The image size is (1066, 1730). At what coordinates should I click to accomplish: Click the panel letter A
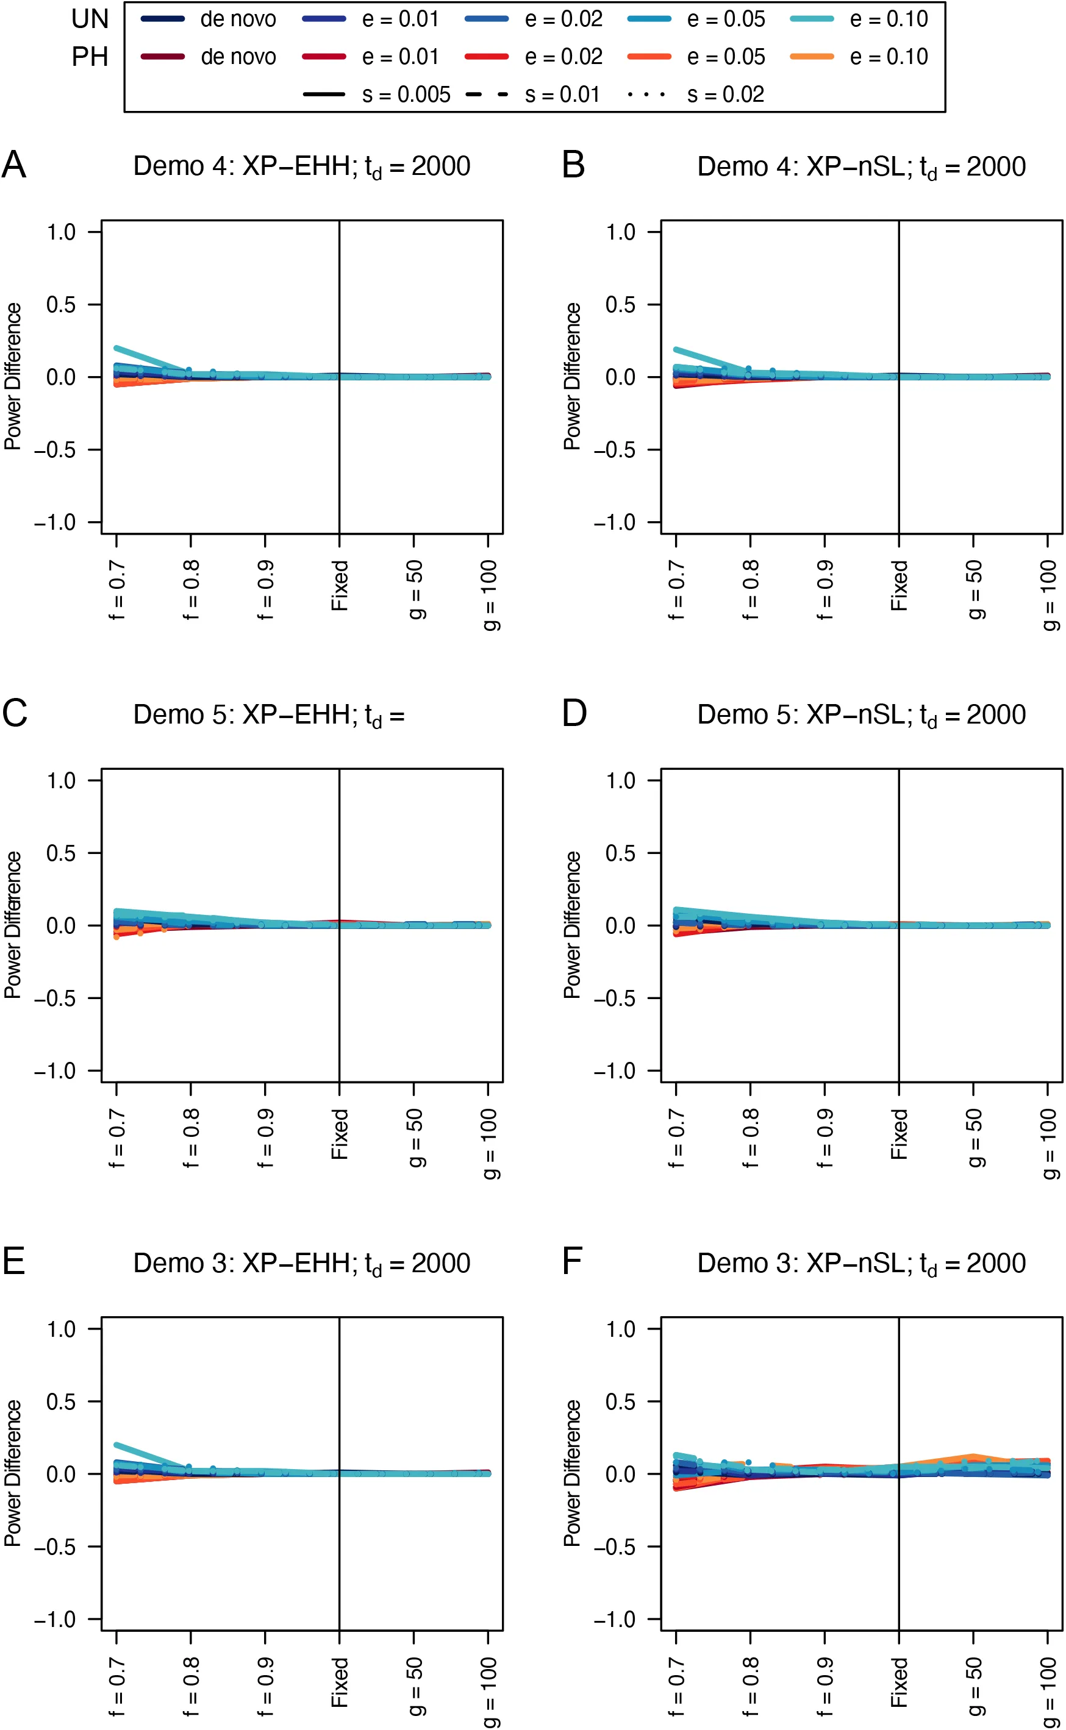coord(14,166)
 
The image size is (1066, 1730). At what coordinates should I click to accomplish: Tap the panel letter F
coord(572,1261)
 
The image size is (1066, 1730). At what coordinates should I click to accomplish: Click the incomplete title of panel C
coord(268,715)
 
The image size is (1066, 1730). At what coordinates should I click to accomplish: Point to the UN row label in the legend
coord(90,20)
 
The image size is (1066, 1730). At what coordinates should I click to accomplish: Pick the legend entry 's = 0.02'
coord(695,94)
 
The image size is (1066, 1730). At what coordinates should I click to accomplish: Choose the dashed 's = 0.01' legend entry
coord(533,94)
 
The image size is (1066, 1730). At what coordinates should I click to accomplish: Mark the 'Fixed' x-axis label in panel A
coord(340,585)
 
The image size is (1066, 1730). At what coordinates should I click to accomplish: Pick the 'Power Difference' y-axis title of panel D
coord(572,925)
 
